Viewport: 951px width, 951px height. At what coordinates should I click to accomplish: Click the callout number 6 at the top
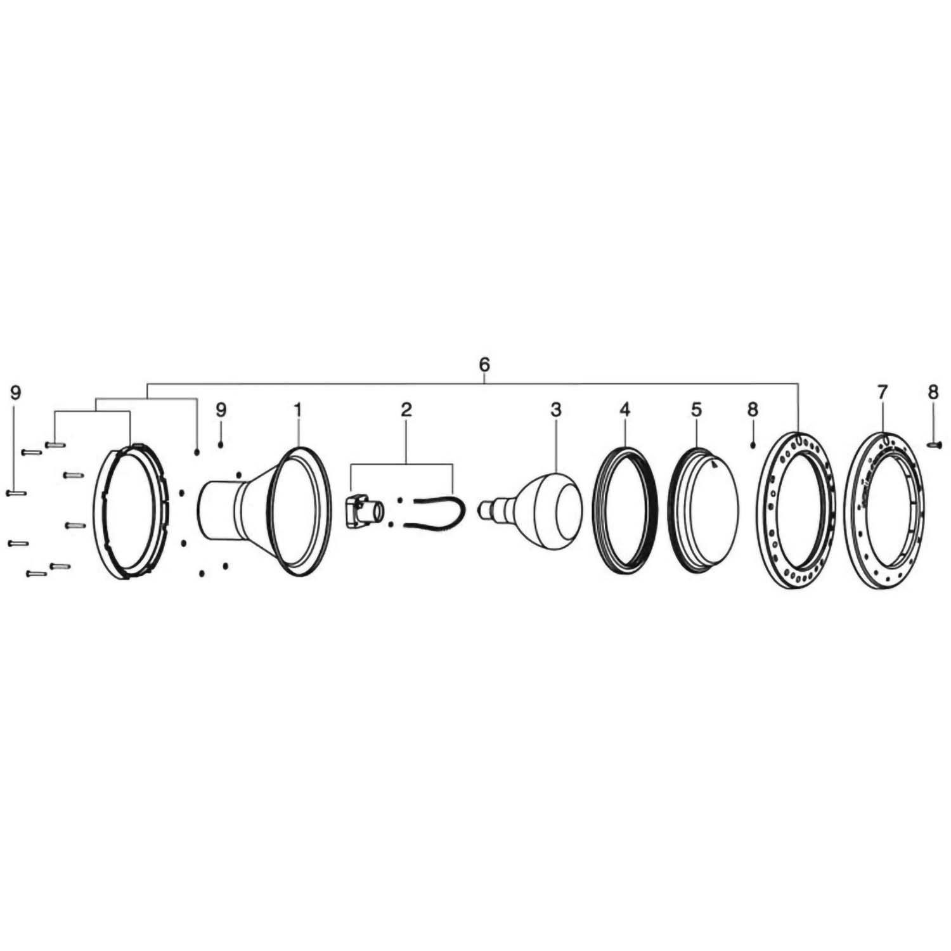tap(484, 365)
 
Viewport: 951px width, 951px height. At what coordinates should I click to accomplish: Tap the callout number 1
tap(297, 410)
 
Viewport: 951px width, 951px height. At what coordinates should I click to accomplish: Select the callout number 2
tap(406, 410)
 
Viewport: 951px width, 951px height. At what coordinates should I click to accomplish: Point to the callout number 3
tap(555, 410)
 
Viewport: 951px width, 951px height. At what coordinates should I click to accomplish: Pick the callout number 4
tap(624, 410)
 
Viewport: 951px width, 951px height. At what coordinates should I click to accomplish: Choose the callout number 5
tap(696, 410)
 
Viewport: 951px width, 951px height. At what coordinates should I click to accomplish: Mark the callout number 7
tap(882, 392)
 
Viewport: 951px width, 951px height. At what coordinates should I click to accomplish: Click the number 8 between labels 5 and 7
tap(753, 410)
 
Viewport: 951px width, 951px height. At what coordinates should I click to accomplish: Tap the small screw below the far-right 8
tap(934, 446)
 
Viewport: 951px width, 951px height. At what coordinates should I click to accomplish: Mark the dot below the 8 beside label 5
tap(753, 446)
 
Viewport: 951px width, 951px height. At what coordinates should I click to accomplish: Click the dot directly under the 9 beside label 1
tap(221, 446)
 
